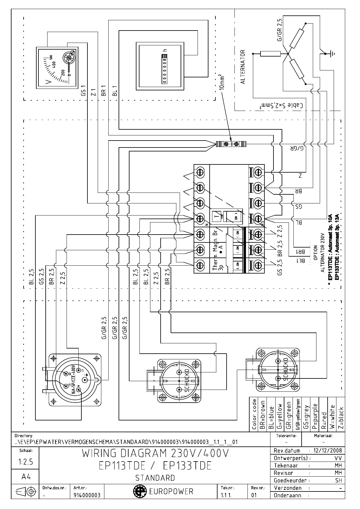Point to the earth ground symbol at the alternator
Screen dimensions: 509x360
tap(332, 54)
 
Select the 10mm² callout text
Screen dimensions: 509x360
tap(221, 82)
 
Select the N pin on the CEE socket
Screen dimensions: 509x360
tap(79, 390)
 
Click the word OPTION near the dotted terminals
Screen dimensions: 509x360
tap(315, 253)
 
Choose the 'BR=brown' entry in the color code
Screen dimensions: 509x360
tap(263, 415)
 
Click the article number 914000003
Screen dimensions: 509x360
tap(87, 495)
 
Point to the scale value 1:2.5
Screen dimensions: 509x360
tap(25, 462)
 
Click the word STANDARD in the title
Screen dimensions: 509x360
tap(155, 478)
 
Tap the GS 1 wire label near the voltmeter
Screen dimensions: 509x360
tap(84, 91)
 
